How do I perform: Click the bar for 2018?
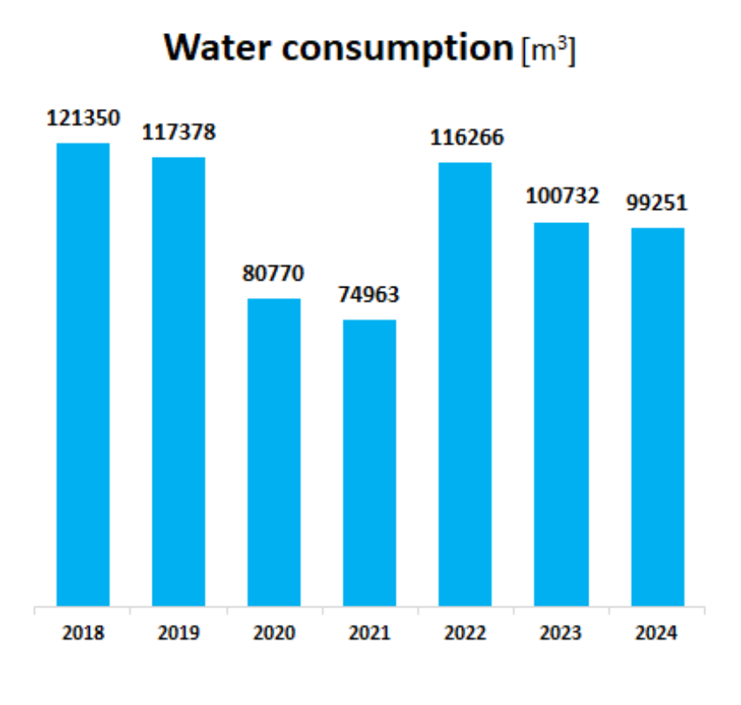(83, 375)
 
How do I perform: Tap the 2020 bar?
(274, 452)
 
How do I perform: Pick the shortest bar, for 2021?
(370, 463)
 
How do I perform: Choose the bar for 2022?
(465, 384)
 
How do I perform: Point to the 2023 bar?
(561, 414)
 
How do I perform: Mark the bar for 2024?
(657, 417)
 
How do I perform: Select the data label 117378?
(179, 132)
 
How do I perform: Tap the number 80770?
(274, 274)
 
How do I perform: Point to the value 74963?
(369, 295)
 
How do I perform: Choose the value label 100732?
(562, 196)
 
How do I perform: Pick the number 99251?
(657, 203)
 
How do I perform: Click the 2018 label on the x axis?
(83, 634)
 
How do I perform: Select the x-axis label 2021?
(370, 634)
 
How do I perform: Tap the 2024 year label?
(657, 634)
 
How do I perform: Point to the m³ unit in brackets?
(548, 51)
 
